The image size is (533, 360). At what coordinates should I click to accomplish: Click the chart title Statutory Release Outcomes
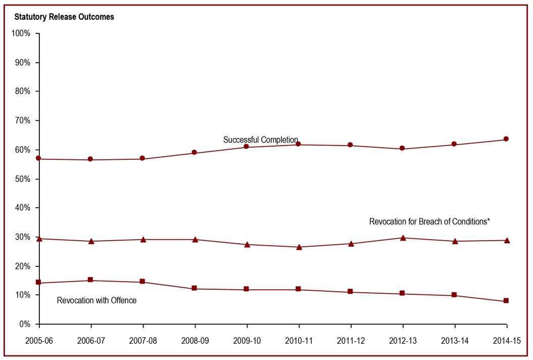pyautogui.click(x=64, y=17)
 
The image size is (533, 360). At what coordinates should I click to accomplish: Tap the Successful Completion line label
pyautogui.click(x=261, y=140)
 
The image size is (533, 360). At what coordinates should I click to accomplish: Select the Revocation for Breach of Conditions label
pyautogui.click(x=429, y=221)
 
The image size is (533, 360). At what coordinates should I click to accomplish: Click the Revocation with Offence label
pyautogui.click(x=96, y=300)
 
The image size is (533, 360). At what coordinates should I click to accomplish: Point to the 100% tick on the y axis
pyautogui.click(x=21, y=33)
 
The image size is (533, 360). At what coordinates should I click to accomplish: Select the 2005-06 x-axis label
pyautogui.click(x=39, y=341)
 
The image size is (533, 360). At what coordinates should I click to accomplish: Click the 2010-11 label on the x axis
pyautogui.click(x=299, y=341)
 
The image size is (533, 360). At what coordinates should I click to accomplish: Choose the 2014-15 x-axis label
pyautogui.click(x=506, y=341)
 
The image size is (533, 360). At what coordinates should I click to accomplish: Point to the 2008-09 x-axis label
pyautogui.click(x=195, y=341)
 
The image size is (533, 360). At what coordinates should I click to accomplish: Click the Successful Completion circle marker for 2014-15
pyautogui.click(x=506, y=139)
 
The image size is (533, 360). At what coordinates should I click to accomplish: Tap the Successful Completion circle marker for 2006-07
pyautogui.click(x=90, y=159)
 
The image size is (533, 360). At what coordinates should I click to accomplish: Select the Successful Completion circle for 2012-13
pyautogui.click(x=402, y=148)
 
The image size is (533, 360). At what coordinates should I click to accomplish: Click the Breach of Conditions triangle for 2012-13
pyautogui.click(x=403, y=237)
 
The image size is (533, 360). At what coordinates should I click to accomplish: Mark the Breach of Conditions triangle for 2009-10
pyautogui.click(x=247, y=244)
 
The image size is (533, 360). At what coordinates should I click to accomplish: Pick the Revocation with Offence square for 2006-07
pyautogui.click(x=90, y=280)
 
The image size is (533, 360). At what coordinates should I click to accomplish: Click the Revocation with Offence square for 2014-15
pyautogui.click(x=506, y=301)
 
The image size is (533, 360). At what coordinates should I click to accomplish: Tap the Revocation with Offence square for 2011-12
pyautogui.click(x=350, y=292)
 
